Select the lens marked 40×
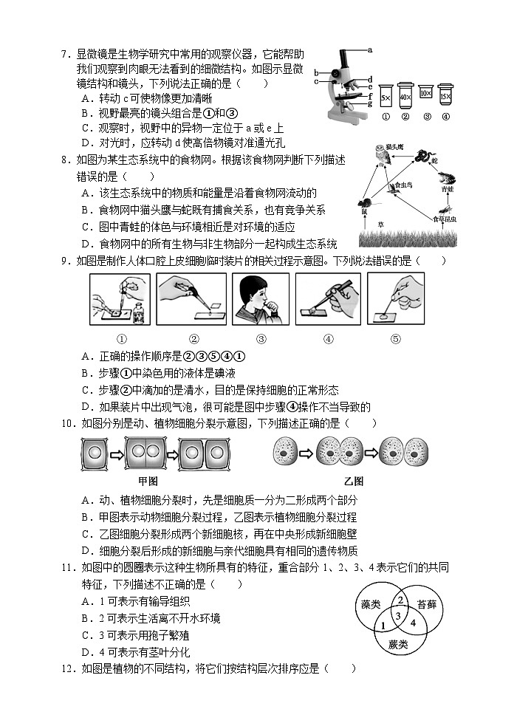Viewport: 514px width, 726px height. [405, 97]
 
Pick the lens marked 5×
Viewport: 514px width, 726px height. [385, 97]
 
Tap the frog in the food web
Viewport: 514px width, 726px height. [448, 178]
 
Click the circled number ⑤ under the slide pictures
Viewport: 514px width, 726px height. [395, 340]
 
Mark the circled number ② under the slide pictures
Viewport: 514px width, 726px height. [193, 340]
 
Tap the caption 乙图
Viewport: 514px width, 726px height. [353, 482]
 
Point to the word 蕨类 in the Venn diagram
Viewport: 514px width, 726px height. [397, 644]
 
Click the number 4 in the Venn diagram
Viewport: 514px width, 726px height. [414, 623]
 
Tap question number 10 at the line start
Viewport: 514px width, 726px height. [69, 423]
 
